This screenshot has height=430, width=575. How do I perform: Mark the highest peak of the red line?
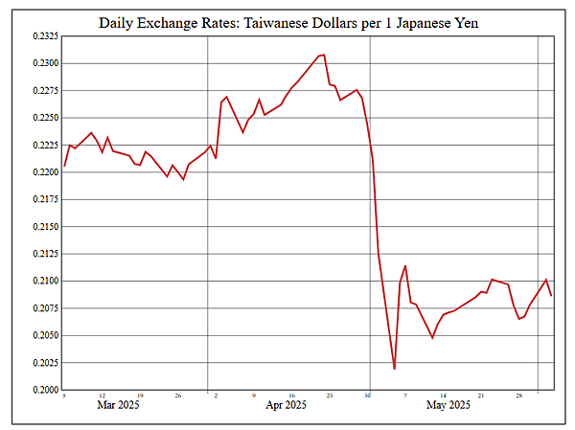coord(324,55)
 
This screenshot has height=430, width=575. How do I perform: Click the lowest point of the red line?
coord(395,369)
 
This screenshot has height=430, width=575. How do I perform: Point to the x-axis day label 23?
coord(330,396)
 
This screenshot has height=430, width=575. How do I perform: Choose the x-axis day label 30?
coord(367,396)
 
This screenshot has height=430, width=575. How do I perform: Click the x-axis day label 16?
coord(291,396)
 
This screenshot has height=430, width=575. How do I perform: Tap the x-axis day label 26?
coord(178,396)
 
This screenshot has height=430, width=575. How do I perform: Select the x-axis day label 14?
coord(443,396)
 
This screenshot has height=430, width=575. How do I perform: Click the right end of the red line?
coord(551,295)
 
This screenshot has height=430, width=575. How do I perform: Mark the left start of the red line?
coord(64,167)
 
